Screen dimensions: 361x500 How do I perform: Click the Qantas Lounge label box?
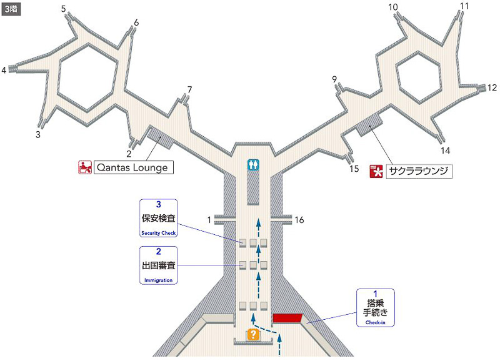(x=132, y=167)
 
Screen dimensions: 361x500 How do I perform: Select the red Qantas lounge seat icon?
(x=85, y=167)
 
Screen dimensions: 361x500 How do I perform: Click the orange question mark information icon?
(x=253, y=334)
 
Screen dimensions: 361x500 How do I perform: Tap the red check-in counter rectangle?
(x=287, y=318)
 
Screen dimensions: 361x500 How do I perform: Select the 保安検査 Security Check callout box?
(x=158, y=218)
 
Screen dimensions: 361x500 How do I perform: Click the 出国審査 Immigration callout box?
(x=158, y=265)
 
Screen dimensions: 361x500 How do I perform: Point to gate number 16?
(x=299, y=220)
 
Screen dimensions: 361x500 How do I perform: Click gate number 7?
(x=190, y=89)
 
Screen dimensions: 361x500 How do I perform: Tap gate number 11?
(x=464, y=6)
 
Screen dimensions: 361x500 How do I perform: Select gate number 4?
(x=4, y=70)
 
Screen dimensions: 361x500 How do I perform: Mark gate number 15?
(x=354, y=169)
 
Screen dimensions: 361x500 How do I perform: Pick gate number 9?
(x=335, y=79)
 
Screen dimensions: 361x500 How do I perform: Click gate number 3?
(x=38, y=134)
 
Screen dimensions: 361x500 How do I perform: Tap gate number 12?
(x=492, y=87)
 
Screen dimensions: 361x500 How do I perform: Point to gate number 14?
(x=445, y=151)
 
